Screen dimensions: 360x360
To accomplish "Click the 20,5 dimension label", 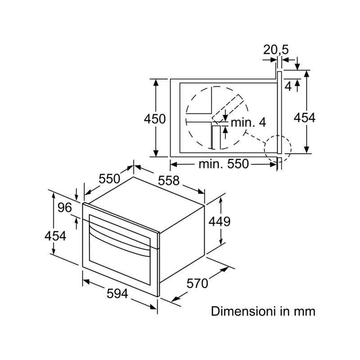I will [276, 50].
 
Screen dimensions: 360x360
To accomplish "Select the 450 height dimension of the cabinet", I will [155, 119].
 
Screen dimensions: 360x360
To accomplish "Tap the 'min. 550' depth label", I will [223, 164].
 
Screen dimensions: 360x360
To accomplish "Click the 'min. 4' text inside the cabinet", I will [248, 122].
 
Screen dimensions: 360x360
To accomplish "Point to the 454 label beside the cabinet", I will [304, 118].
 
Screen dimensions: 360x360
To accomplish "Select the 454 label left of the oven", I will [55, 235].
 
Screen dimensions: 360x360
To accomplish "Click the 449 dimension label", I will [220, 221].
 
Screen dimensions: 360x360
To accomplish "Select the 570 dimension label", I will [198, 283].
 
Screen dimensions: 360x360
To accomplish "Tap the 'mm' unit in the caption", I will [306, 311].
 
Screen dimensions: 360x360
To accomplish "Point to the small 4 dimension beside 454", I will [288, 85].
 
